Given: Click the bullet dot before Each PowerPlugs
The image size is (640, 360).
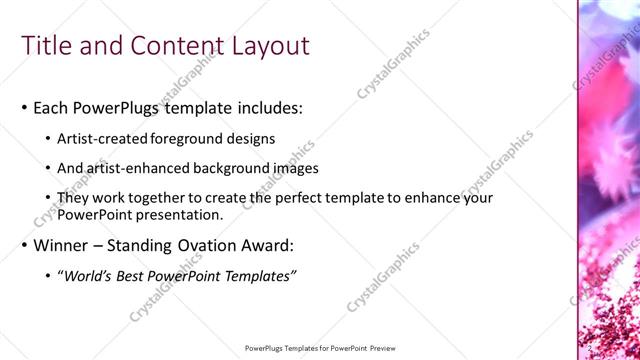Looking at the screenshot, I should point(24,108).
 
